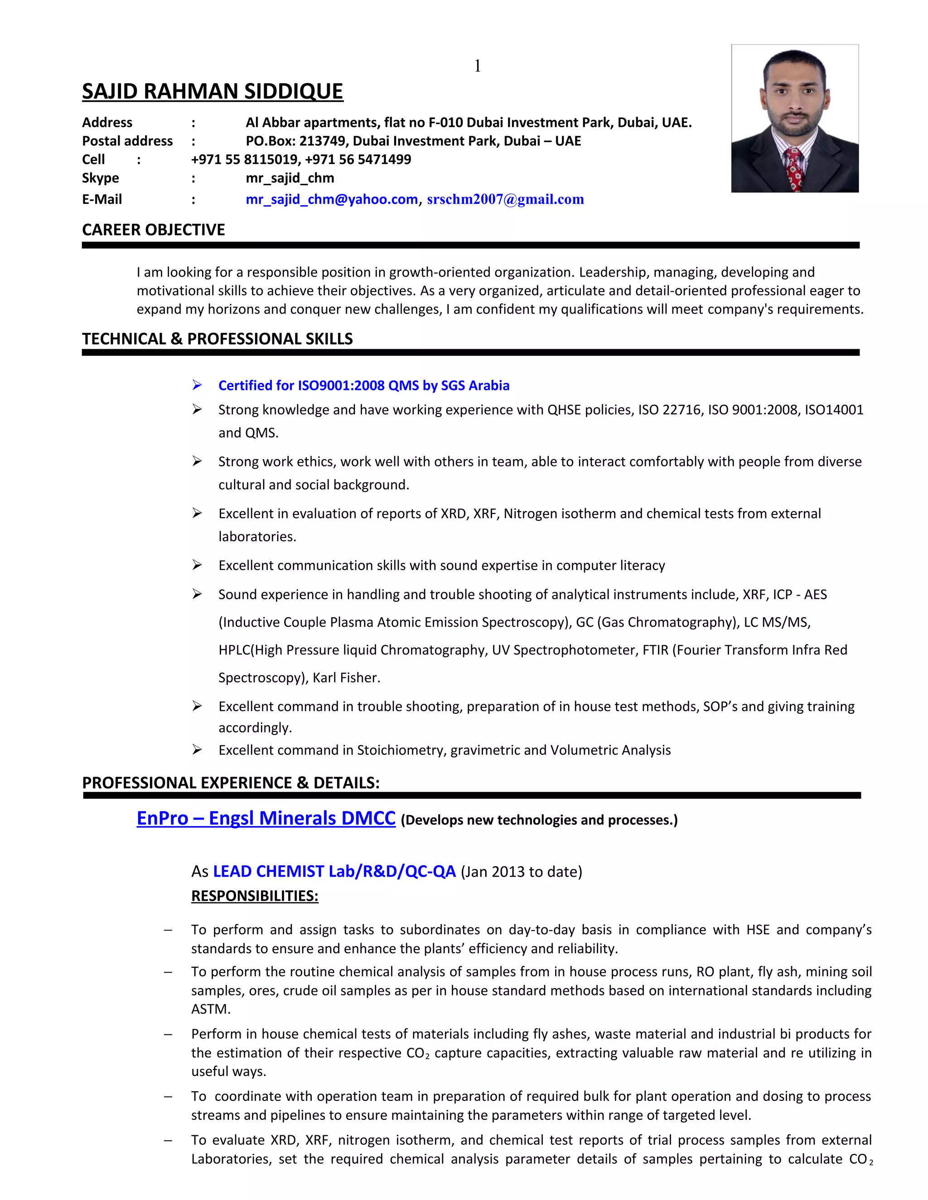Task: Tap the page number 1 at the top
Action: pos(477,66)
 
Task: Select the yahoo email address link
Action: pos(332,199)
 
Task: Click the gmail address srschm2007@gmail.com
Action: pos(505,199)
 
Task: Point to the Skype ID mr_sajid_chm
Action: pos(290,178)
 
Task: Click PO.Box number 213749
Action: pos(319,141)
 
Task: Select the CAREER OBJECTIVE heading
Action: pos(154,230)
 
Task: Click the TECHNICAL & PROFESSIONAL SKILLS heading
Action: pos(217,339)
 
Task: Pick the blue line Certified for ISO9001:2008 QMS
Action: pos(363,386)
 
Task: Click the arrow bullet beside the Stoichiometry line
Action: pos(197,750)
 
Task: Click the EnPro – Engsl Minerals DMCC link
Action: pos(266,818)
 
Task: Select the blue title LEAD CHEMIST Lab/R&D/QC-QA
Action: pos(334,871)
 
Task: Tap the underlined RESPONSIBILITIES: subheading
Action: pos(255,896)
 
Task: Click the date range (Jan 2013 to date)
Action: pos(521,872)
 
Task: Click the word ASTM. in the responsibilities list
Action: pos(211,1009)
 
